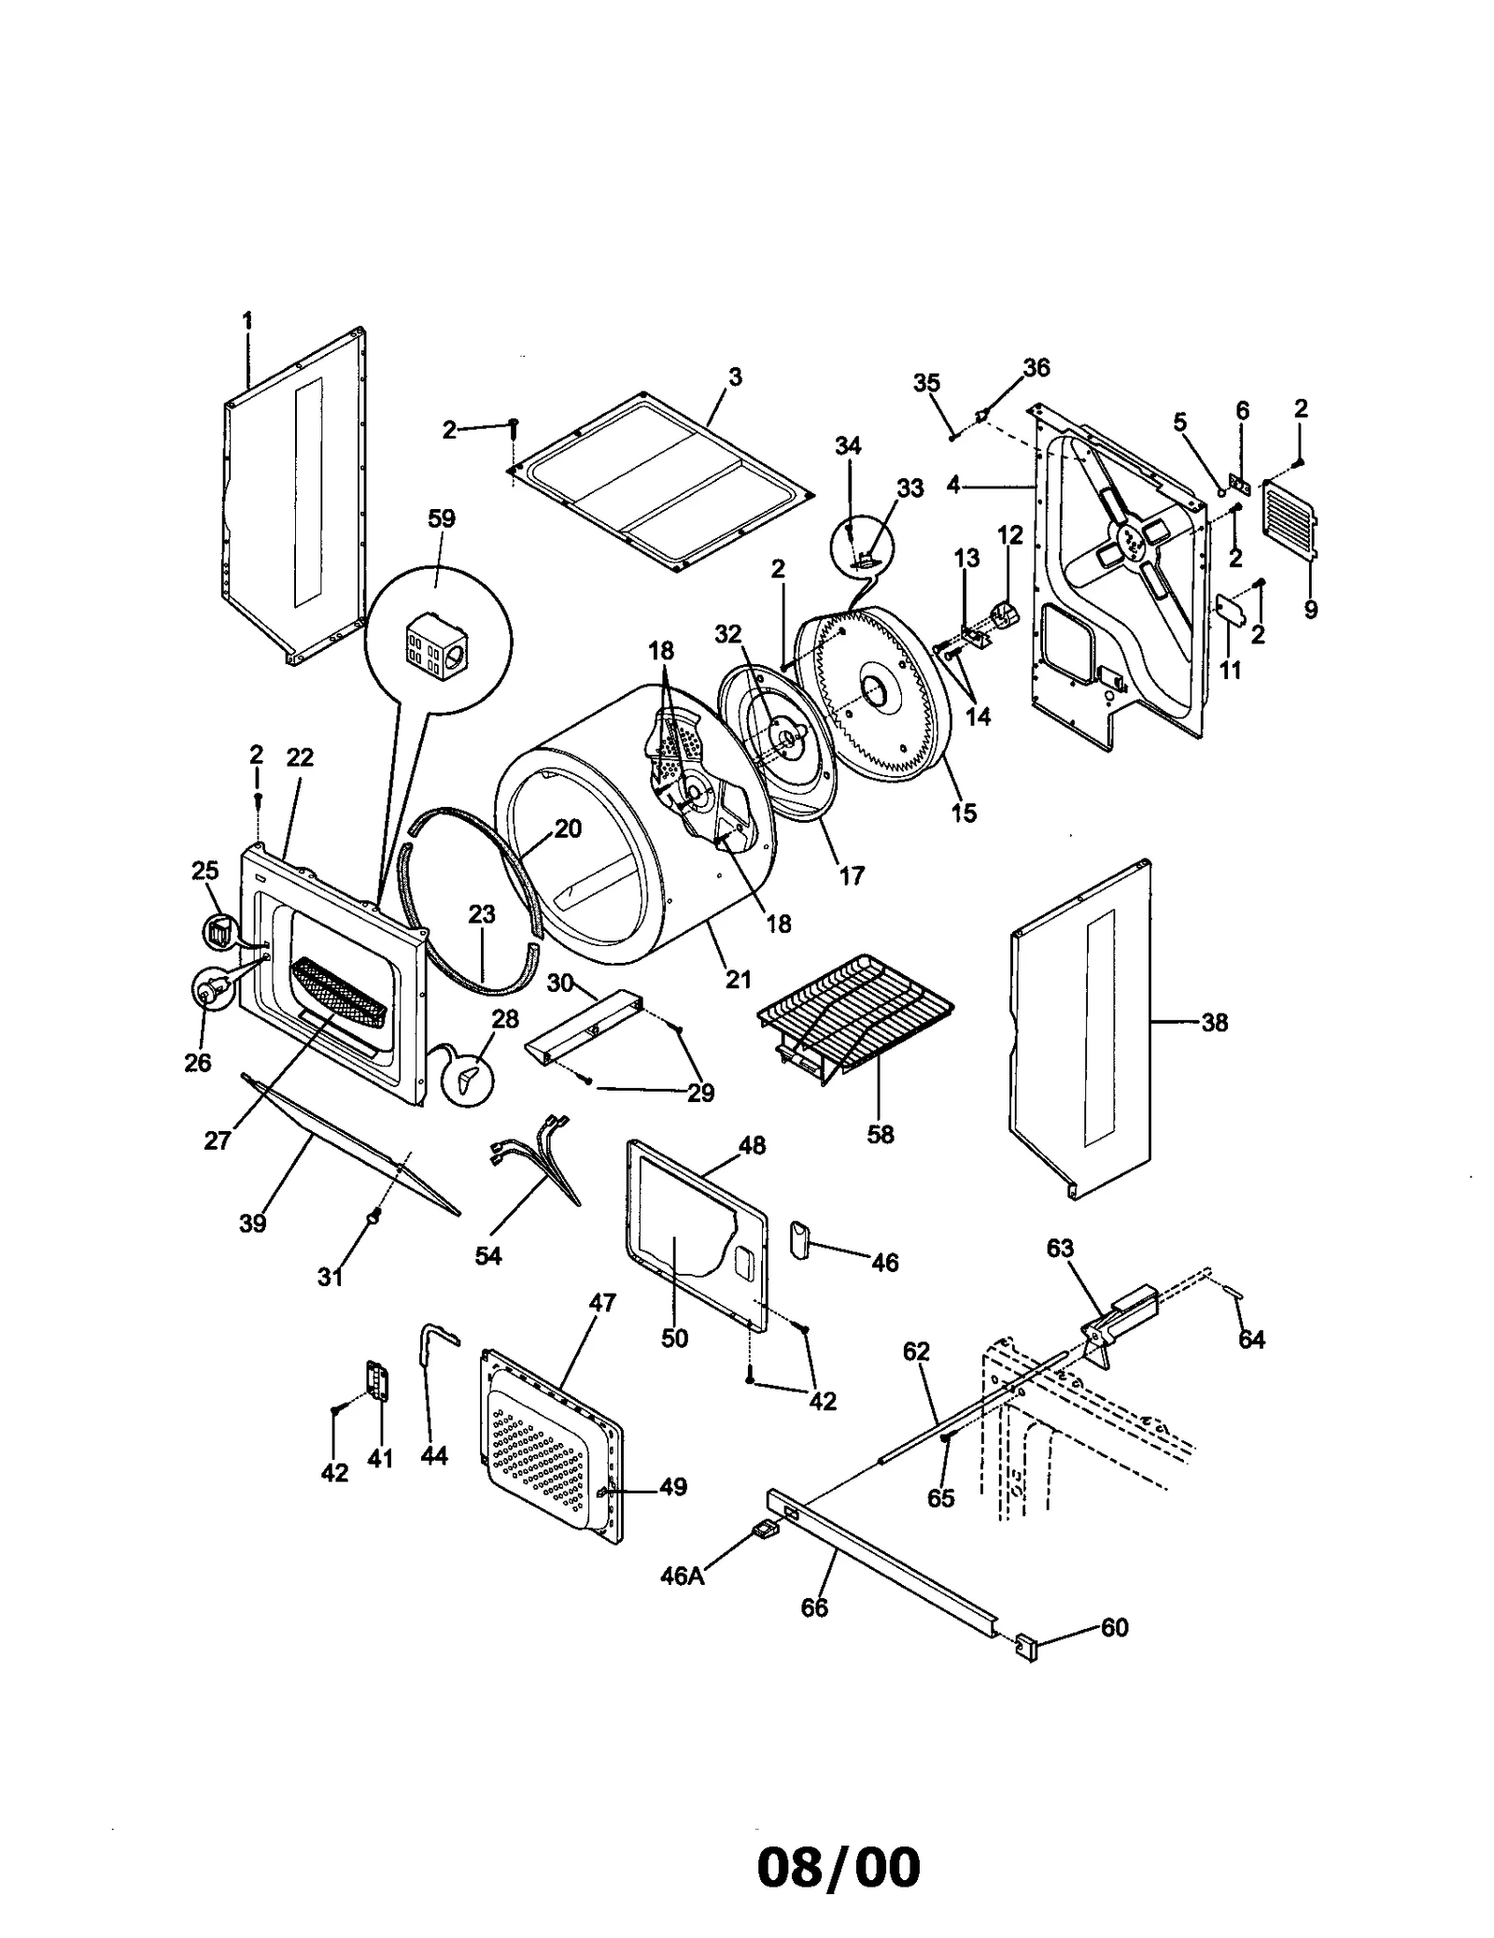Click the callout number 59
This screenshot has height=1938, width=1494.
coord(441,518)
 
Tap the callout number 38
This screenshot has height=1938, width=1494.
coord(1214,1023)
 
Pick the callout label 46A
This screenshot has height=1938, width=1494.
coord(682,1576)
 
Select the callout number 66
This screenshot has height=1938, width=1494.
coord(814,1607)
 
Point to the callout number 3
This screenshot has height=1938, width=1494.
coord(735,377)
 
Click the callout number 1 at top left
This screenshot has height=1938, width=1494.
coord(247,321)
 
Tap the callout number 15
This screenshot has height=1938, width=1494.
coord(963,813)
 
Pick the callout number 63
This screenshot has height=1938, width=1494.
coord(1060,1249)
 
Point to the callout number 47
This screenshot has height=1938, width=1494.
coord(603,1302)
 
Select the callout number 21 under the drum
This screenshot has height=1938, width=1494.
coord(738,979)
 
